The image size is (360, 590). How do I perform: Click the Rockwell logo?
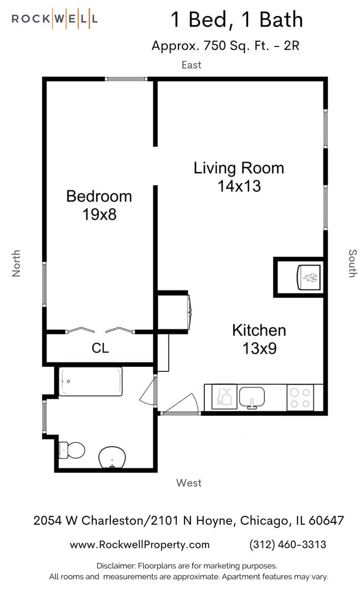(55, 19)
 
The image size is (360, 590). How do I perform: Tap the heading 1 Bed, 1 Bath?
(236, 20)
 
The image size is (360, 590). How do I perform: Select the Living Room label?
(239, 177)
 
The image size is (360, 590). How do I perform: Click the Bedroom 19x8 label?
(99, 205)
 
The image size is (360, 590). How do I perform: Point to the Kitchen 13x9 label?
(259, 339)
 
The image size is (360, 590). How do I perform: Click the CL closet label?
(100, 348)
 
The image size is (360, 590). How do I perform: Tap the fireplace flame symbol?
(309, 276)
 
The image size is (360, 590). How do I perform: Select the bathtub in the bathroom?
(90, 382)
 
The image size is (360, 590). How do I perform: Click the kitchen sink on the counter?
(252, 397)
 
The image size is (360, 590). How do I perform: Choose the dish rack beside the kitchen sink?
(225, 397)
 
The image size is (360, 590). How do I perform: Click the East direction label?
(192, 65)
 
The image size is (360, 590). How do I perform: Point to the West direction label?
(189, 483)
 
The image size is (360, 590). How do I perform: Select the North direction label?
(17, 263)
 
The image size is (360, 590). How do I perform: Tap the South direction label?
(352, 263)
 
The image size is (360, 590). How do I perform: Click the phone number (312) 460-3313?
(288, 545)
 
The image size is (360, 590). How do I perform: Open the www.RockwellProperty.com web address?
(140, 545)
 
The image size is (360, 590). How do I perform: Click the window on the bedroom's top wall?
(127, 79)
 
